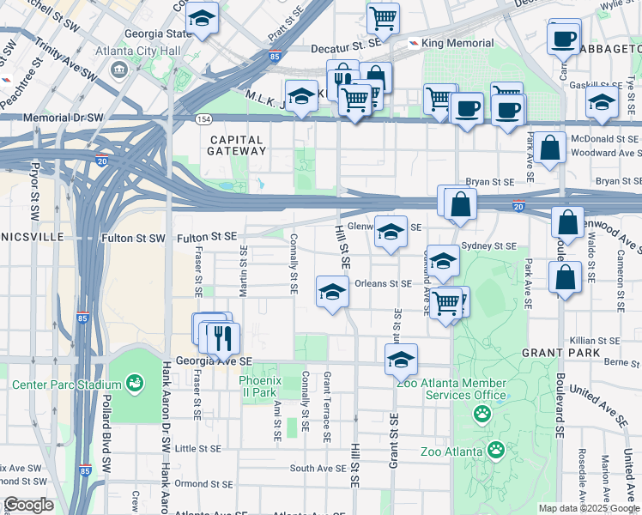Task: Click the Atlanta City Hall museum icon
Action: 118,68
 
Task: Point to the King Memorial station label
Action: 458,43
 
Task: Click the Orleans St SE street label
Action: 383,283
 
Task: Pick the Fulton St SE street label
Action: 205,237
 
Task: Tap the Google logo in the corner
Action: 28,505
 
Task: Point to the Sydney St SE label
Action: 488,245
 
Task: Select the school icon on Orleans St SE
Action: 333,292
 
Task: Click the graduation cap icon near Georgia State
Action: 203,18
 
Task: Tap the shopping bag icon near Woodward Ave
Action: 551,148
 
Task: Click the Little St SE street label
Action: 198,448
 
